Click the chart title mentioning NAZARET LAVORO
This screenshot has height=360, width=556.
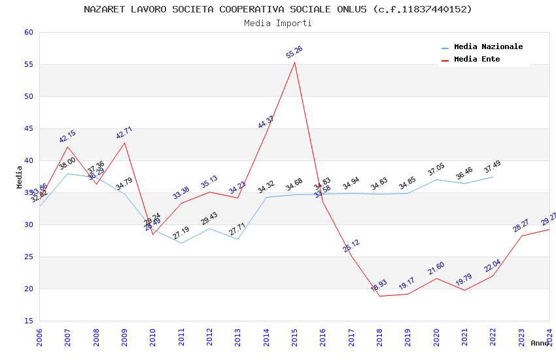278,9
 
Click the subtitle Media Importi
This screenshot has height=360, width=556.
278,23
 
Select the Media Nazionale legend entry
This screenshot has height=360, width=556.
488,46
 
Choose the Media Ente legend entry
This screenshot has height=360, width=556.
477,59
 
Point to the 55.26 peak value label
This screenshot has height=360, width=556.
294,52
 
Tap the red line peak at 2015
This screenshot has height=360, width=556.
295,62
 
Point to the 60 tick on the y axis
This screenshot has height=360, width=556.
27,32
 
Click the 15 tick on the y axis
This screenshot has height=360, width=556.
27,321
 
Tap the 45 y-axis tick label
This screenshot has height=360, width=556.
27,128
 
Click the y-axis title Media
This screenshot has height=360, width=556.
20,177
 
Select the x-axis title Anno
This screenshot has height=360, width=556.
540,343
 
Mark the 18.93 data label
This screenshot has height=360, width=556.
379,286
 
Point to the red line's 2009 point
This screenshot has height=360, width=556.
125,143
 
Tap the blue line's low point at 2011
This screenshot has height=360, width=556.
181,243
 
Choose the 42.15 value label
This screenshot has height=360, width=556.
67,136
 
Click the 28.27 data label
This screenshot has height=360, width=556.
521,226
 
